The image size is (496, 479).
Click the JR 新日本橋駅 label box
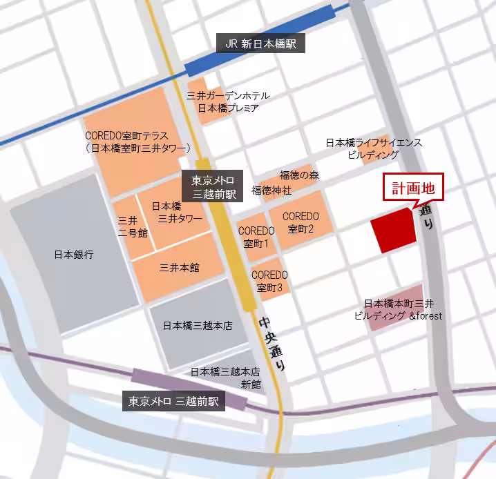tap(260, 43)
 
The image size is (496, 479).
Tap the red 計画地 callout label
tap(412, 188)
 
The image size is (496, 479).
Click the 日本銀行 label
tap(73, 255)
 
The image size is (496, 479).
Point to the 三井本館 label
tap(180, 267)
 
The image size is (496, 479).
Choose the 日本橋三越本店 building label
tap(197, 325)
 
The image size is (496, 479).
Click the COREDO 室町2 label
tap(300, 222)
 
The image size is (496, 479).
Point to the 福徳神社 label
tap(271, 189)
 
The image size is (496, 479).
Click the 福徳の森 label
tap(299, 175)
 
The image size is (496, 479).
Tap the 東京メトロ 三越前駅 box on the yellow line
tap(213, 187)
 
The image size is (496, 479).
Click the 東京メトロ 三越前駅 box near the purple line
tap(173, 401)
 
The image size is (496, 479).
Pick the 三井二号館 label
tap(133, 226)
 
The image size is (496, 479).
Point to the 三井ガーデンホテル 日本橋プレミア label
tap(229, 101)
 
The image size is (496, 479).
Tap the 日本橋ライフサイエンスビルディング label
tap(374, 148)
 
